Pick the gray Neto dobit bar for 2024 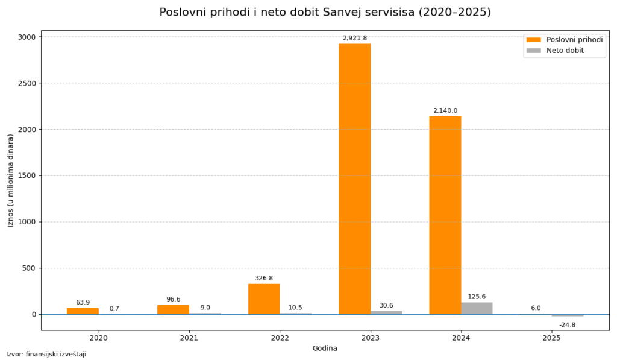click(477, 308)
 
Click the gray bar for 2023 click(386, 312)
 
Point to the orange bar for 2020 click(83, 311)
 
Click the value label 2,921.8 click(354, 38)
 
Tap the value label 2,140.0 click(445, 110)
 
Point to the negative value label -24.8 click(567, 325)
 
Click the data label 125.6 click(477, 297)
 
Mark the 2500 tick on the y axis click(28, 83)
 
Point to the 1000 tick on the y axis click(28, 222)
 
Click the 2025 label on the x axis click(551, 338)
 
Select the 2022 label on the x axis click(280, 338)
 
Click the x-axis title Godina click(325, 348)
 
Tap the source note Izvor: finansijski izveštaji click(46, 354)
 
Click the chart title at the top click(325, 12)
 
